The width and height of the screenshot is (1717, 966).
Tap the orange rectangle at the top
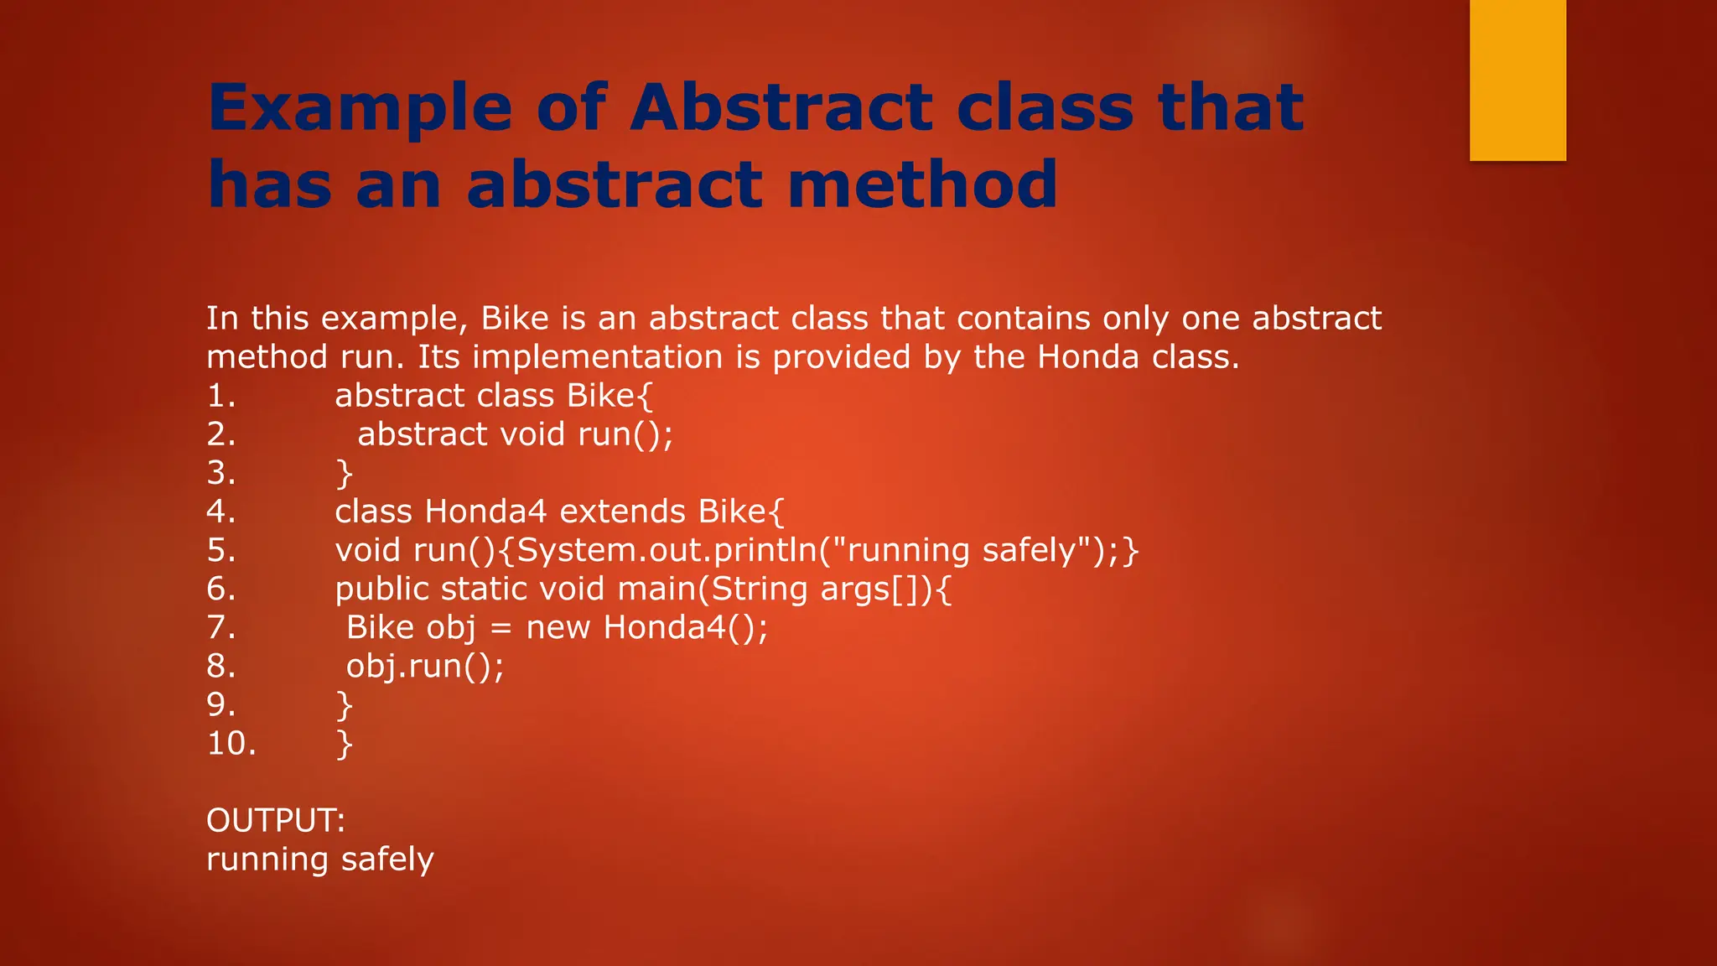tap(1517, 80)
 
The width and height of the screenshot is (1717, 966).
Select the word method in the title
tap(922, 185)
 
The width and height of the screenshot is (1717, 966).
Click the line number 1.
tap(220, 396)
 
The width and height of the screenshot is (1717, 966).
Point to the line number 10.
tap(231, 744)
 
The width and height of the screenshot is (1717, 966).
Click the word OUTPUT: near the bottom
tap(275, 820)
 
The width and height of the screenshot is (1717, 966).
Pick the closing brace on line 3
tap(344, 474)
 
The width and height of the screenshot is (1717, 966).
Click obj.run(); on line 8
tap(425, 667)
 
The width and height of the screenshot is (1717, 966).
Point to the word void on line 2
tap(532, 434)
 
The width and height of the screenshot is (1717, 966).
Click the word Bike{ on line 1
tap(610, 396)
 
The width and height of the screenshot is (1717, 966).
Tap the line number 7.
tap(220, 628)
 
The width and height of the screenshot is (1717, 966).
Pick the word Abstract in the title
tap(781, 109)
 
